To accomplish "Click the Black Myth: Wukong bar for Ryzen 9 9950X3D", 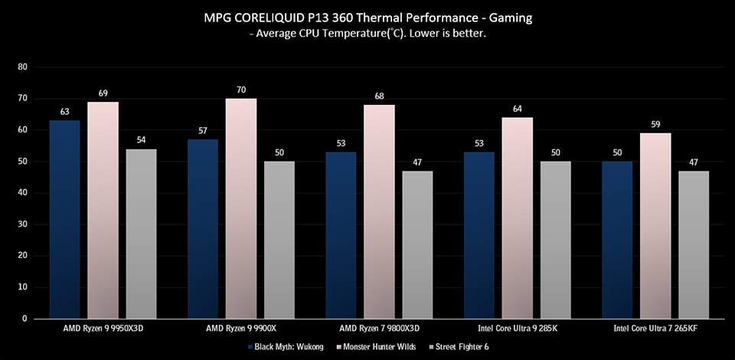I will click(x=64, y=219).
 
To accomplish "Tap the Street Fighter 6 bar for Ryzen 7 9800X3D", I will click(x=417, y=244).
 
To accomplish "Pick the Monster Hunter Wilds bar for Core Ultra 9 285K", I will click(x=517, y=218).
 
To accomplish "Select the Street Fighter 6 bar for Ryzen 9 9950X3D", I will click(x=141, y=234).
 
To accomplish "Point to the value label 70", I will click(x=240, y=90).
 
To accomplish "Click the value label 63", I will click(x=64, y=112).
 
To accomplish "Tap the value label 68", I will click(x=379, y=96).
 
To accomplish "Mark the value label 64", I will click(x=517, y=109).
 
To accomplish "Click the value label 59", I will click(x=655, y=124).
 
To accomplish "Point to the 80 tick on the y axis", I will click(x=22, y=67).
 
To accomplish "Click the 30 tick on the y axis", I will click(x=22, y=224).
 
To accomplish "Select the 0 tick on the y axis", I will click(x=24, y=319).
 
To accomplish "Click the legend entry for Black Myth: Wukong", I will click(x=283, y=348).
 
